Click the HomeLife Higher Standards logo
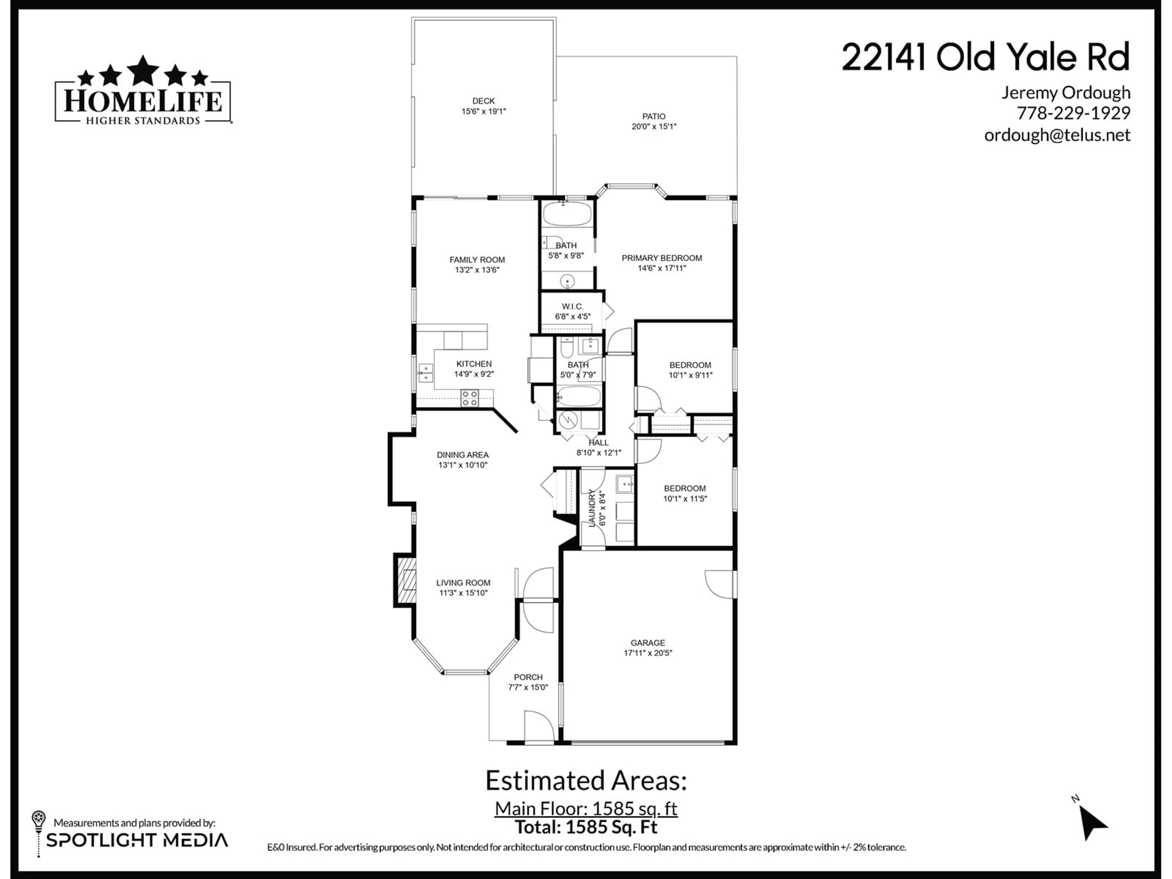coord(143,90)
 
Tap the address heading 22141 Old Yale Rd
coord(986,57)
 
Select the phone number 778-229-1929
coord(1073,113)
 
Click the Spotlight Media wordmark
coord(137,840)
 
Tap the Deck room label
coord(483,101)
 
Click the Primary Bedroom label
coord(662,258)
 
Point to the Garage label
coord(647,643)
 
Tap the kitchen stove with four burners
coord(469,398)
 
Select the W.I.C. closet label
coord(572,306)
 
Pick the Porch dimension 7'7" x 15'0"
coord(528,687)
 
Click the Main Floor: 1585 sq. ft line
coord(586,808)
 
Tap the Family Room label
coord(477,260)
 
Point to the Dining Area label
coord(463,454)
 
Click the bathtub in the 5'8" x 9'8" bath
coord(567,214)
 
